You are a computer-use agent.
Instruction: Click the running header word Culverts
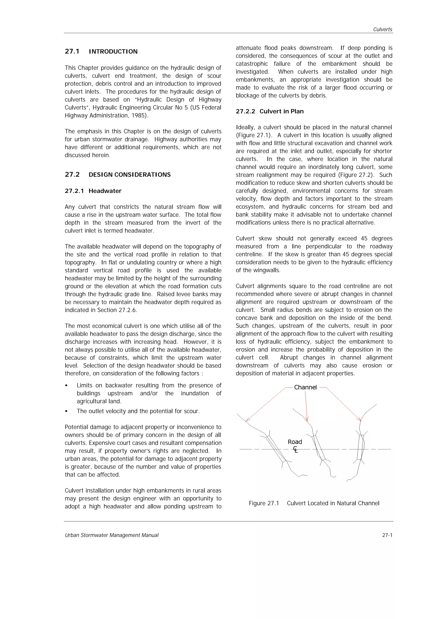point(382,29)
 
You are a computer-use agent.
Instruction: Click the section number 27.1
point(72,51)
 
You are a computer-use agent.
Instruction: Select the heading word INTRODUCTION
point(113,51)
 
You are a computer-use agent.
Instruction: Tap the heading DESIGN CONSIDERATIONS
point(130,175)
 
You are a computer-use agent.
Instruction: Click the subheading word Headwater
point(105,191)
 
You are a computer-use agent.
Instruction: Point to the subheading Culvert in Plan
point(281,111)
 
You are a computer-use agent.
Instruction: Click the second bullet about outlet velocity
point(138,411)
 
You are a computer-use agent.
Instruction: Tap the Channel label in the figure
point(305,387)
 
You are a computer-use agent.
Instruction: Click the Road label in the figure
point(295,442)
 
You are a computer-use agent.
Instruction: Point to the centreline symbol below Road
point(296,449)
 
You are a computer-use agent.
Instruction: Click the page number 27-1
point(387,535)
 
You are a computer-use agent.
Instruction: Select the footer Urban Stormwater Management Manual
point(112,535)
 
